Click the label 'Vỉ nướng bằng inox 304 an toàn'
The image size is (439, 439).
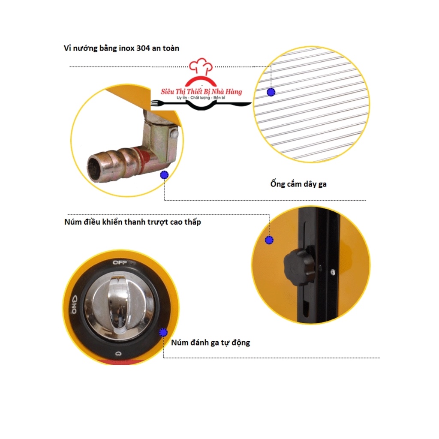click(122, 48)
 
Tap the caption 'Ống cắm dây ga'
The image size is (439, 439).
click(299, 184)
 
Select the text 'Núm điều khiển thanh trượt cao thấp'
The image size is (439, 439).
click(132, 222)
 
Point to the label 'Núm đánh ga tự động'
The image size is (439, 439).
click(210, 343)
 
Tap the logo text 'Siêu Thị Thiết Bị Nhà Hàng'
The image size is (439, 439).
click(201, 92)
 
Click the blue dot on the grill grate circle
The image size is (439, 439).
click(271, 92)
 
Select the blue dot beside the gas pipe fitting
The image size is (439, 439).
click(164, 174)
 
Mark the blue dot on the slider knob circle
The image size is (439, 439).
click(269, 240)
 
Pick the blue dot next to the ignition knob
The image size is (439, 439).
click(163, 332)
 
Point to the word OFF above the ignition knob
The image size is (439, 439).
click(118, 262)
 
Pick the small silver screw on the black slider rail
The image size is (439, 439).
click(333, 271)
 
